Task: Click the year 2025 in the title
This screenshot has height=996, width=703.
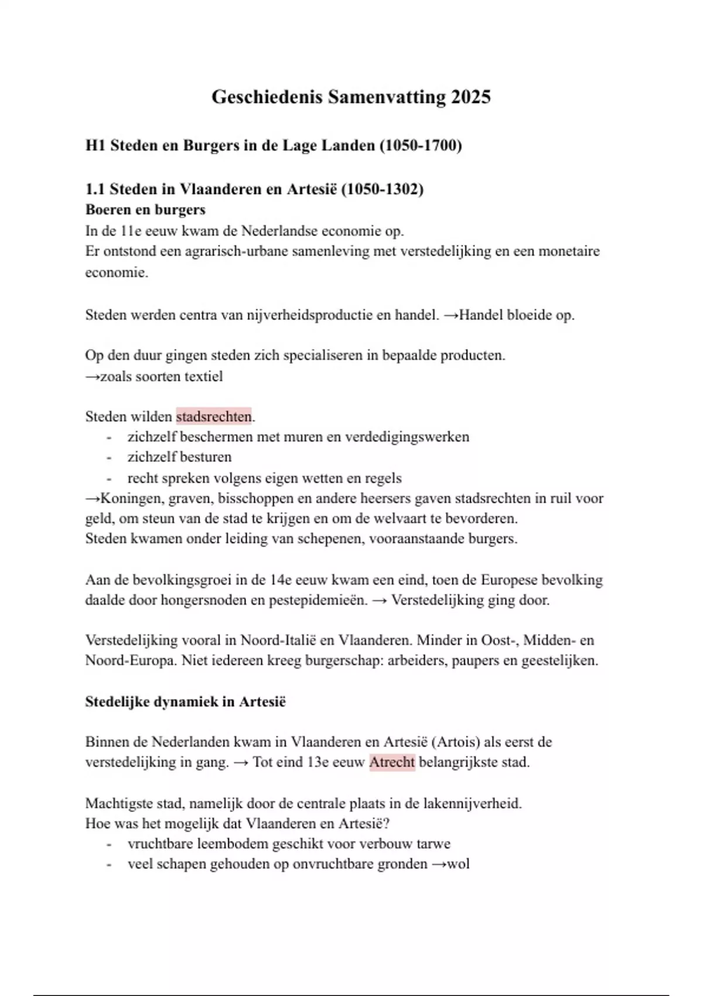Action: tap(471, 97)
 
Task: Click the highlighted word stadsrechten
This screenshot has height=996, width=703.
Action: tap(214, 417)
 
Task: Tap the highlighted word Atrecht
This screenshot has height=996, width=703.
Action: tap(392, 762)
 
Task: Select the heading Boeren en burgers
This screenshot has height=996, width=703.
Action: tap(145, 210)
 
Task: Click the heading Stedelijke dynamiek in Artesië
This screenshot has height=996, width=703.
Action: tap(185, 701)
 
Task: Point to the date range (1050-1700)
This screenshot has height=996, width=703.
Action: tap(421, 145)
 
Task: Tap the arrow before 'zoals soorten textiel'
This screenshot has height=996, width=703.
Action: tap(93, 376)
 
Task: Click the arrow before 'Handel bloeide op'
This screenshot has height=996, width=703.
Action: tap(451, 315)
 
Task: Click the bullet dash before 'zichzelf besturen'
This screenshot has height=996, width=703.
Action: tap(109, 457)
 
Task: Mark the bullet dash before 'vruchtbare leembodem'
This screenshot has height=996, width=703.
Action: tap(109, 844)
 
